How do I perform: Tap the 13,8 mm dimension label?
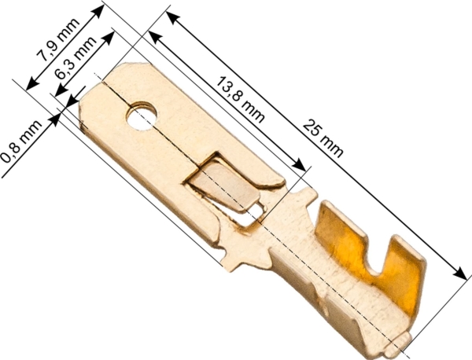click(241, 100)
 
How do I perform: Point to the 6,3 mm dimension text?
click(76, 58)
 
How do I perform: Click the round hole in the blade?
click(142, 116)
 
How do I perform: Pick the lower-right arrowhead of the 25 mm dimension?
click(460, 273)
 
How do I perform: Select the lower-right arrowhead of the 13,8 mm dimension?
click(300, 165)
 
